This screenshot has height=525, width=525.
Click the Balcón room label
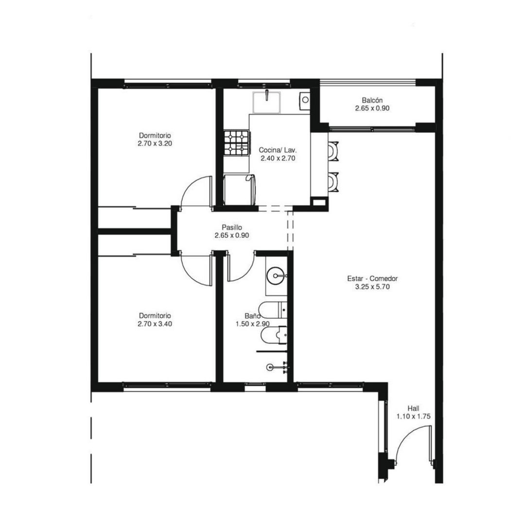[372, 100]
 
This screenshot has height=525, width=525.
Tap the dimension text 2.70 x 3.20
[155, 143]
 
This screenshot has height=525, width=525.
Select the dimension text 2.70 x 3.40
[155, 324]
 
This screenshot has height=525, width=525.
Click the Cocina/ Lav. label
[278, 150]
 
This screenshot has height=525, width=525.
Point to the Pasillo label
[232, 227]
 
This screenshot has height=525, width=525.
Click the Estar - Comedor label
[372, 279]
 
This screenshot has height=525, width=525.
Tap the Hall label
[414, 408]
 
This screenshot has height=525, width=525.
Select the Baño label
[252, 316]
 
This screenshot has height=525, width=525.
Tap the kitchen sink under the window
[266, 102]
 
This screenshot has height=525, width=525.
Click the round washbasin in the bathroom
[276, 276]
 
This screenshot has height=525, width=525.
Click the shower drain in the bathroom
[270, 367]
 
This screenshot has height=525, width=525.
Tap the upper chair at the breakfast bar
[333, 152]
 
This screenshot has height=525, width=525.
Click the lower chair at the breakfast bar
[333, 182]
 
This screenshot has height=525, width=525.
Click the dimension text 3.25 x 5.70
[372, 287]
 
